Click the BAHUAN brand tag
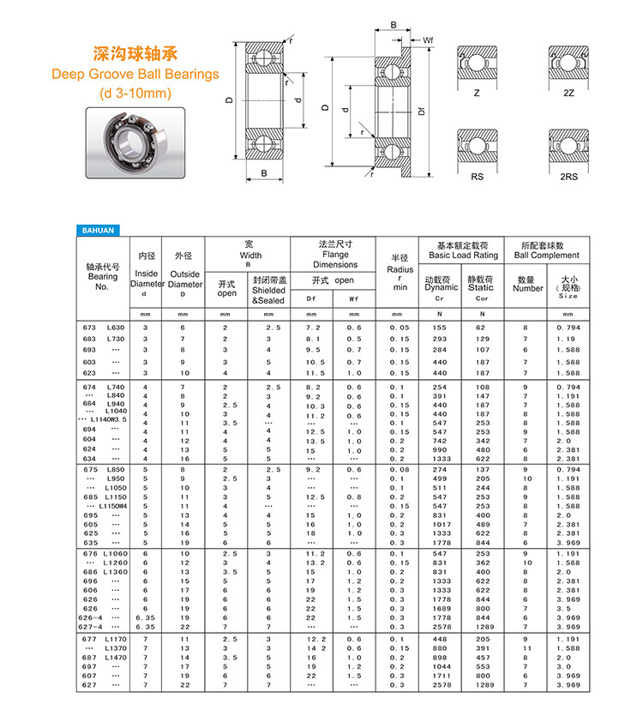tap(98, 230)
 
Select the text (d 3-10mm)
tap(135, 93)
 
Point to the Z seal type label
tap(478, 93)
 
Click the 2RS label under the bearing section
tap(568, 177)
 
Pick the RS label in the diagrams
tap(478, 177)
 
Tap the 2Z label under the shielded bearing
tap(568, 93)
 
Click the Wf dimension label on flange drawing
tap(428, 40)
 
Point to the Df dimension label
tap(421, 110)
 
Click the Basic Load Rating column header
tap(463, 250)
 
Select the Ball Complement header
tap(547, 250)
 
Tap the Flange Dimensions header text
tap(335, 255)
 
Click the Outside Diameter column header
tap(183, 280)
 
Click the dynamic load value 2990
tap(441, 449)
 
